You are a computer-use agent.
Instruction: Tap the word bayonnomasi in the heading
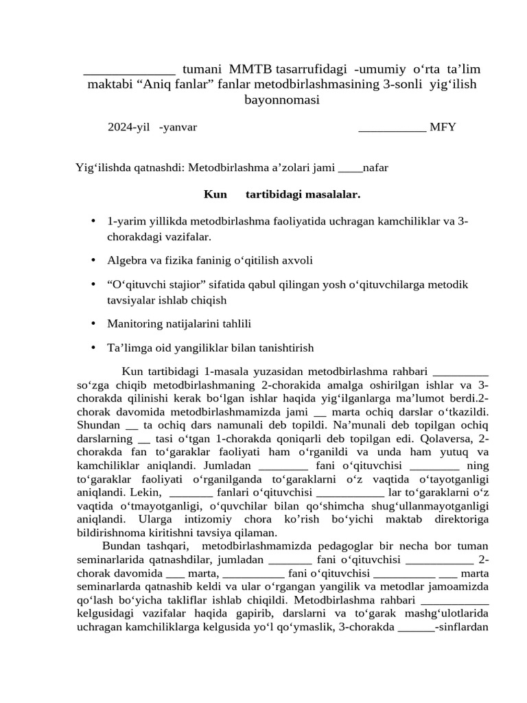click(x=282, y=100)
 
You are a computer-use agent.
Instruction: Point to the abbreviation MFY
click(x=443, y=127)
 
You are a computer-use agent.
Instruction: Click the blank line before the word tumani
click(x=129, y=70)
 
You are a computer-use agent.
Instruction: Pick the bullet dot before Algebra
click(x=93, y=260)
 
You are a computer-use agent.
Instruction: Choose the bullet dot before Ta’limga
click(x=93, y=347)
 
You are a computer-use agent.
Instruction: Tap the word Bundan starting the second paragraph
click(x=121, y=546)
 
